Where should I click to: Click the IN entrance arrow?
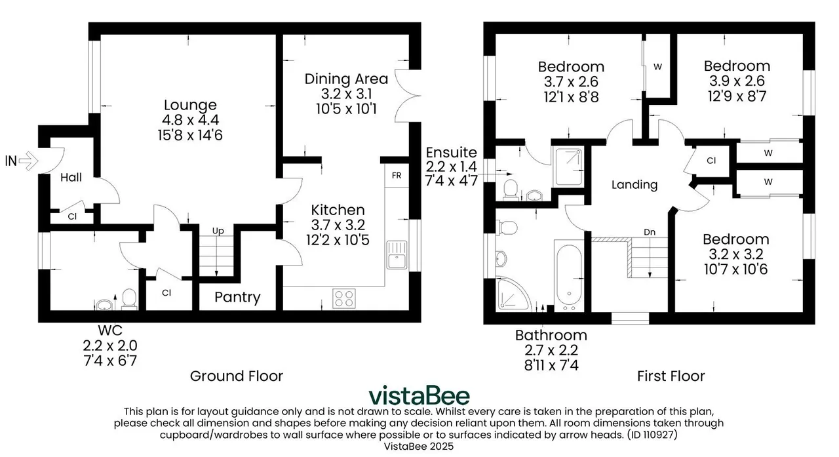(28, 161)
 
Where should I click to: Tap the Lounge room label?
(190, 105)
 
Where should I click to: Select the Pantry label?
(237, 297)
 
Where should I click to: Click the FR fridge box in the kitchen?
(397, 175)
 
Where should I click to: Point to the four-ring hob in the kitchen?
(344, 298)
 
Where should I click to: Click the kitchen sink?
(397, 254)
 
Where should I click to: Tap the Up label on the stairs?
(218, 231)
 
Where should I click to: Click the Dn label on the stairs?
(650, 232)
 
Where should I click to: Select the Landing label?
(634, 185)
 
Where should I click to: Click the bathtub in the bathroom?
(569, 277)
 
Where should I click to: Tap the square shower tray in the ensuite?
(568, 167)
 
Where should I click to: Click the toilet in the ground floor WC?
(129, 298)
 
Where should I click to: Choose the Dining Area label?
(346, 79)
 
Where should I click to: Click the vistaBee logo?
(419, 395)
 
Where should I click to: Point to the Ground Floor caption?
(237, 376)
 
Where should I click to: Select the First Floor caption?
(671, 376)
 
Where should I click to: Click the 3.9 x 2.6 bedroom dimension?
(737, 81)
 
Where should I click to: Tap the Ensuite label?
(452, 153)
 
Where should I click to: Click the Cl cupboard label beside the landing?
(711, 161)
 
